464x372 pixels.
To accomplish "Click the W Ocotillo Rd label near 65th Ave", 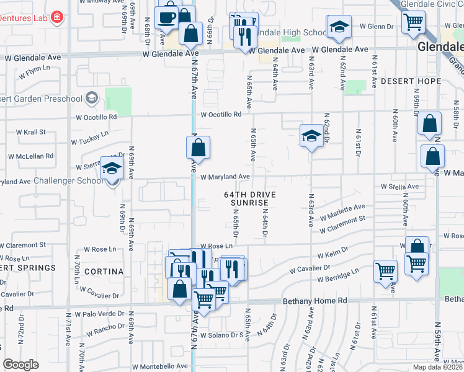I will (x=220, y=115).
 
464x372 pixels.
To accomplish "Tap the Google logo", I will (x=21, y=365).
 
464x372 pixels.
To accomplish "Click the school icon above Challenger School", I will (x=112, y=168).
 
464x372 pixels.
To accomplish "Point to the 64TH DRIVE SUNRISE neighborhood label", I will (x=249, y=198).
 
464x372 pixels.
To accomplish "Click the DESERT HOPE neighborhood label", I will (x=411, y=81).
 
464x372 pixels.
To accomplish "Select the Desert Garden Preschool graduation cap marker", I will (x=92, y=97).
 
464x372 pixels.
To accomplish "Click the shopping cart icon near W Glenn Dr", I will (x=413, y=22).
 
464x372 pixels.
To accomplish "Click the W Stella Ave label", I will (x=399, y=186).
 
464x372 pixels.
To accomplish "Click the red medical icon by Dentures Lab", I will (x=58, y=17).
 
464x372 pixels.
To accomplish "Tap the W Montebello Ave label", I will (x=159, y=366).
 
